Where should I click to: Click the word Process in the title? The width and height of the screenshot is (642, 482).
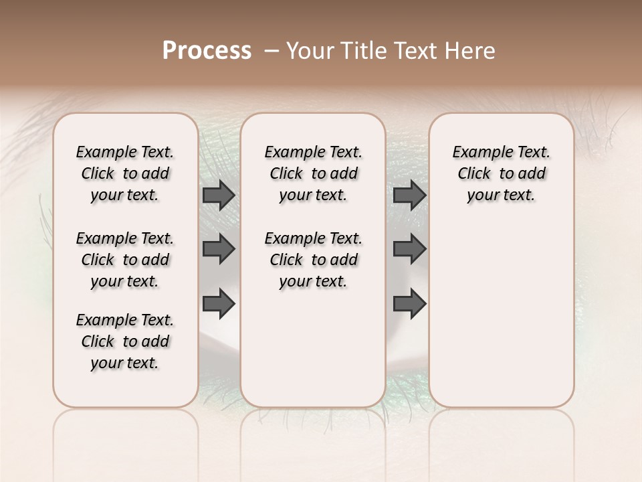207,51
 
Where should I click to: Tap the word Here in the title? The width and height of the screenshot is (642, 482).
470,51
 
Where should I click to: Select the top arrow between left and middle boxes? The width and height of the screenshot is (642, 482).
219,195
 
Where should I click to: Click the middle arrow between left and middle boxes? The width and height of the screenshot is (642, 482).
219,250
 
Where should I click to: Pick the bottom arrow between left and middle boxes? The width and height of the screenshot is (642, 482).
219,303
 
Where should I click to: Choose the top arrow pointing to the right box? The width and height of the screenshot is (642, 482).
410,195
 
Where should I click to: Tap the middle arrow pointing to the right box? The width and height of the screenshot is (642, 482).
410,250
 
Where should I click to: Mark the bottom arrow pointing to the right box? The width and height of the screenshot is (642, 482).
410,303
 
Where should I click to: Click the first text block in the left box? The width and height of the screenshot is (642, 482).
125,173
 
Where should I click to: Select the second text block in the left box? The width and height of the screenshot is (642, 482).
125,260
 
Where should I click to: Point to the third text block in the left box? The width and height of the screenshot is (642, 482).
125,341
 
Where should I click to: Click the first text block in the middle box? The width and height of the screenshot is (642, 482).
314,173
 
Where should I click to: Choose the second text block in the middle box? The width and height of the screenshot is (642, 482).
314,260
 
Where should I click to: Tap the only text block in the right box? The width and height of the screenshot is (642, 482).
502,173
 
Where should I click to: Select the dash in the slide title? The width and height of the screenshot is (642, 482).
272,51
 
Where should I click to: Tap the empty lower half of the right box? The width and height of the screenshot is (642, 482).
502,321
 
